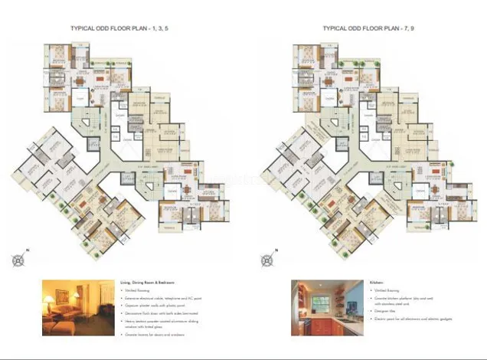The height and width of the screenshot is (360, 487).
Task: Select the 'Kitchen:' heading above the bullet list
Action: click(380, 283)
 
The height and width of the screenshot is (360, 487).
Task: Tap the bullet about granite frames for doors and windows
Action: click(161, 334)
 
